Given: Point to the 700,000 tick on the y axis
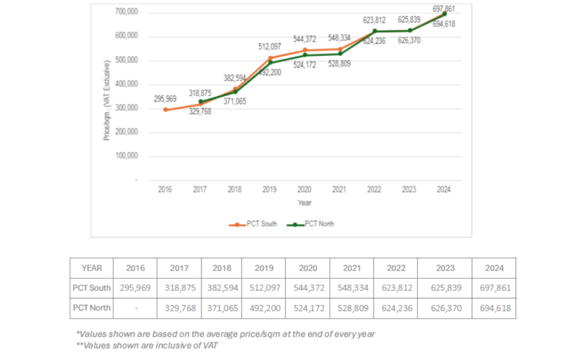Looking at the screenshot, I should [126, 12].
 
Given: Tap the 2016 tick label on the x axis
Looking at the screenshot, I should [165, 189].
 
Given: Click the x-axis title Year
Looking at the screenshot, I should [305, 203].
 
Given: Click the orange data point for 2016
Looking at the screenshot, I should [165, 109].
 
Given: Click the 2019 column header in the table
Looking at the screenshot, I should [264, 268].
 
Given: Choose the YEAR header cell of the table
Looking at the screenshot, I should [92, 268].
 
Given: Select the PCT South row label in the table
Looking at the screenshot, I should [92, 288].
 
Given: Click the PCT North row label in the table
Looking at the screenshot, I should [92, 308].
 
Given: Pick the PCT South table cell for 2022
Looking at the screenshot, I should [395, 288].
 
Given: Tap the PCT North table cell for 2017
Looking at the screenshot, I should [179, 308].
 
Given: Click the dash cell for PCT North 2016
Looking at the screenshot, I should [135, 308].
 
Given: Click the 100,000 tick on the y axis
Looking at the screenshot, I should [126, 156].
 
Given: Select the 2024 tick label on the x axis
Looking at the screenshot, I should [444, 189].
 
